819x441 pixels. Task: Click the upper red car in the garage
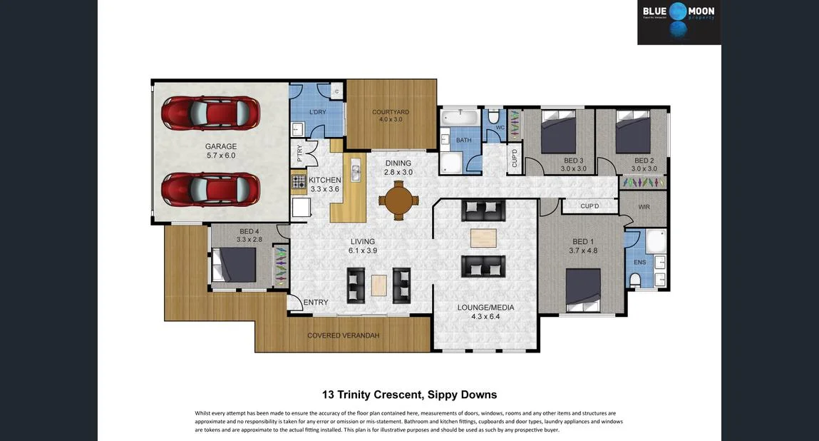coord(210,113)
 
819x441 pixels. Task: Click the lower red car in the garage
coord(210,189)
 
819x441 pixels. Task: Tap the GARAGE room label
coord(221,146)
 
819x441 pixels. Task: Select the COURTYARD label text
coord(391,112)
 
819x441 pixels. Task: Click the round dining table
coord(399,200)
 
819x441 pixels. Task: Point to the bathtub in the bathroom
coord(460,118)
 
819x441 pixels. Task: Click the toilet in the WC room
coord(493,116)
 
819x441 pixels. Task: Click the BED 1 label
coord(583,241)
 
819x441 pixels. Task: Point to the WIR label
coord(644,207)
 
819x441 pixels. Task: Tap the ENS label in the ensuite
coord(640,262)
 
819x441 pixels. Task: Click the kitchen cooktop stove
coord(299,181)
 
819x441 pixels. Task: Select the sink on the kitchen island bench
coord(356,172)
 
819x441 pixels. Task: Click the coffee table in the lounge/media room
coord(483,238)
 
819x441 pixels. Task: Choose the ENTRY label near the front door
coord(316,303)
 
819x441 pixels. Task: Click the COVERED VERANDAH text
coord(343,335)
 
